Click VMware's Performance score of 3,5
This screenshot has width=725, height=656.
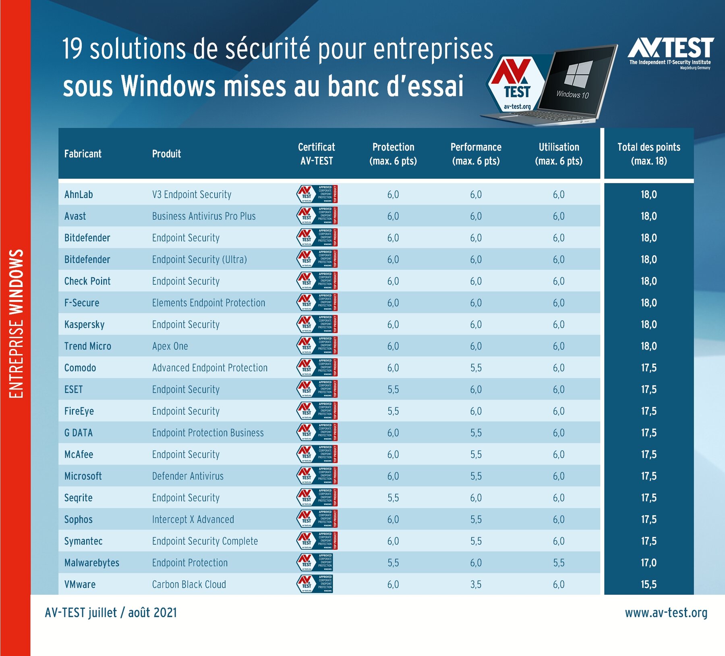[476, 584]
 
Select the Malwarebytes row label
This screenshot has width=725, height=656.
[92, 563]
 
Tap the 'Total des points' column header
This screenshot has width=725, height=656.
[648, 154]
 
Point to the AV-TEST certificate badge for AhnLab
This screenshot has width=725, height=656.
[317, 194]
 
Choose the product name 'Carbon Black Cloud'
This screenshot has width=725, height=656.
[189, 584]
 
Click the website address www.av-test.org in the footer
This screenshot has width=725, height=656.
[666, 613]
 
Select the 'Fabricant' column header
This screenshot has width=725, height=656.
[83, 154]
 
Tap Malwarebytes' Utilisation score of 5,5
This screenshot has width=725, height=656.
[559, 563]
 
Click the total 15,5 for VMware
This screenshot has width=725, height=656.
[648, 584]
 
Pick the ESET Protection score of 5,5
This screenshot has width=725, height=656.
[393, 389]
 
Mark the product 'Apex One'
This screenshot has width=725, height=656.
[170, 346]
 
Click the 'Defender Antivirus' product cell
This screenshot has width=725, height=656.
[188, 476]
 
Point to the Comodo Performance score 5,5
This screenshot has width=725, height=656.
[476, 368]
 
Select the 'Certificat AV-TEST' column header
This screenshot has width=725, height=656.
[317, 154]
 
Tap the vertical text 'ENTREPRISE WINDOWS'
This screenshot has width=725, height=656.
[16, 323]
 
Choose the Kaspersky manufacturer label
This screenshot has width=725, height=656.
[85, 325]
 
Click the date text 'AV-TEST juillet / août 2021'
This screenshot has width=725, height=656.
[111, 613]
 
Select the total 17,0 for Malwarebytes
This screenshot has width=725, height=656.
[648, 563]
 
